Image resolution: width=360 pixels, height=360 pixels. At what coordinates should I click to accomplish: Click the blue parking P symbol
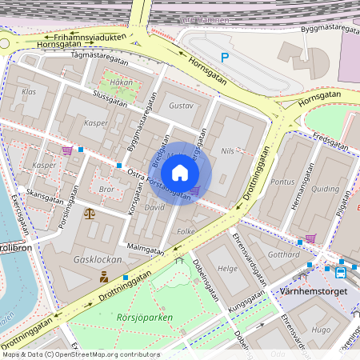(225, 58)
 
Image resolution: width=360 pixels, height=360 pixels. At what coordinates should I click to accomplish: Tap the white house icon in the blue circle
(180, 173)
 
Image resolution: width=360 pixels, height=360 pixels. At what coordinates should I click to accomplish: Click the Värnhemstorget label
(314, 292)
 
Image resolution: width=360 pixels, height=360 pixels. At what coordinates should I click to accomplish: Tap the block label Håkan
(121, 82)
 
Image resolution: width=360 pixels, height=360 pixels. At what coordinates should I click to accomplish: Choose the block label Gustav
(182, 106)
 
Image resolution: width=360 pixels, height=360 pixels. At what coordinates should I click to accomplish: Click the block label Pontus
(282, 182)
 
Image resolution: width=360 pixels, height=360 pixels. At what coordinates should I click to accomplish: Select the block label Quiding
(325, 190)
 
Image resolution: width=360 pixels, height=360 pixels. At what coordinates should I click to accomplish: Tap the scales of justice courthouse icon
(89, 214)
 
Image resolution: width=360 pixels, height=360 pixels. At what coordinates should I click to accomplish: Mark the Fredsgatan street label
(330, 142)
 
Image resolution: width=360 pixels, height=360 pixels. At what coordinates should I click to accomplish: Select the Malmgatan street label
(144, 249)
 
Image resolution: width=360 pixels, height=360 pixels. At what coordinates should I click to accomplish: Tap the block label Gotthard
(282, 254)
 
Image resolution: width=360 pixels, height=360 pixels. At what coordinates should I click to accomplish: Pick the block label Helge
(227, 269)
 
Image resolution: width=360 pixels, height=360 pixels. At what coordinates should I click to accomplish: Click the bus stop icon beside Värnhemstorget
(341, 272)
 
